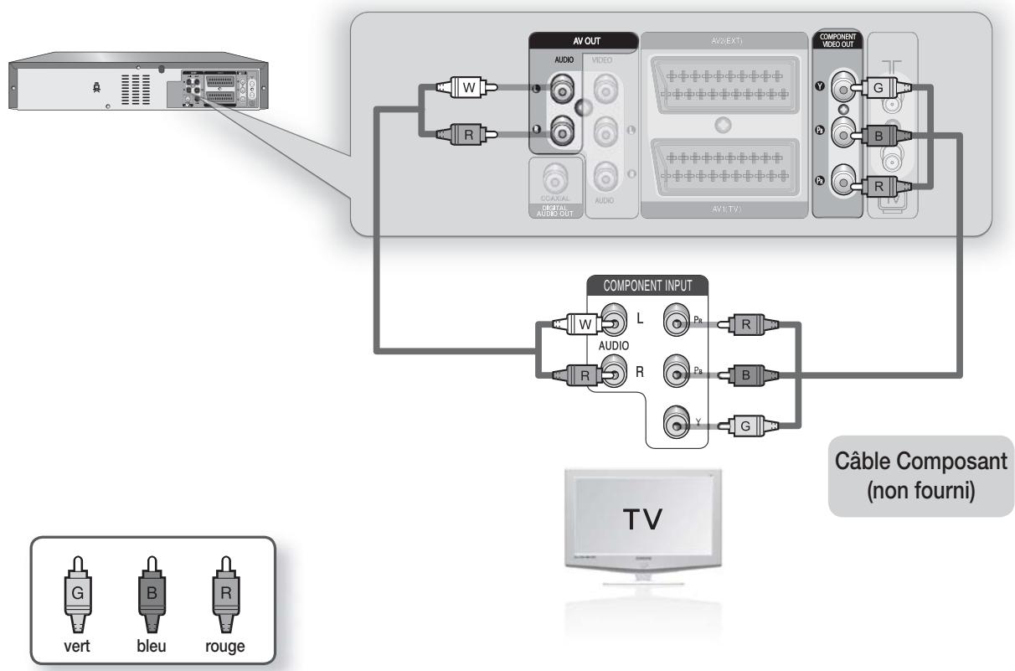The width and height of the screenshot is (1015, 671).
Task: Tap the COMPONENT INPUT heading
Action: coord(646,285)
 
